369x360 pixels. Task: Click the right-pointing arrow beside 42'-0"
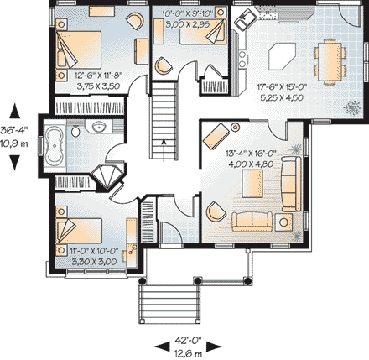pyautogui.click(x=216, y=342)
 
